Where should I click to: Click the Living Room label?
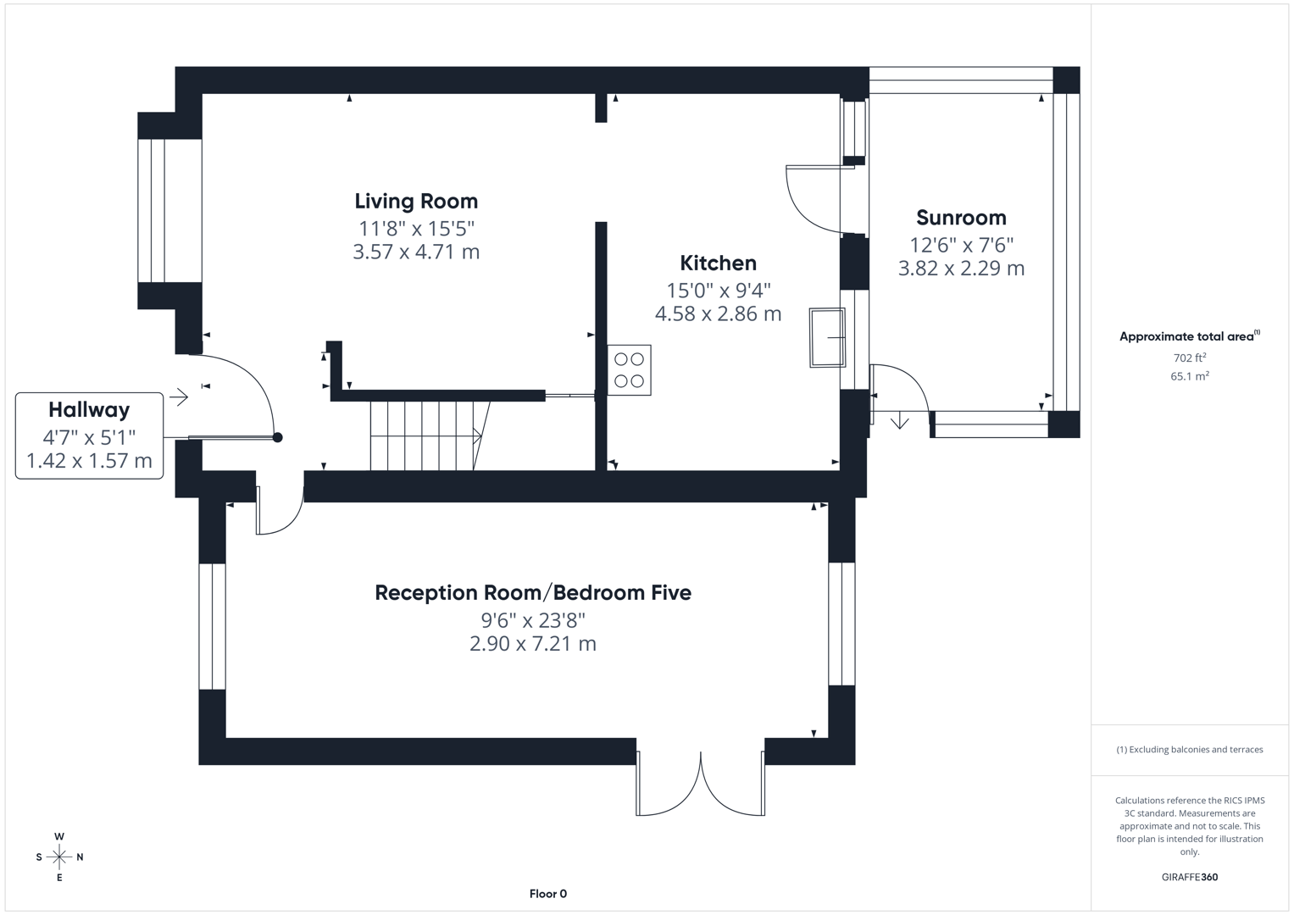click(416, 202)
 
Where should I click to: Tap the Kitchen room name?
click(718, 263)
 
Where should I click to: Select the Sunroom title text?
click(961, 218)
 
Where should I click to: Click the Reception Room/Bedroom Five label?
click(532, 593)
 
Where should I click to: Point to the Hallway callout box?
click(89, 435)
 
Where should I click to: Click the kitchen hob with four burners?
click(629, 370)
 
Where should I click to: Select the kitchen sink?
click(827, 337)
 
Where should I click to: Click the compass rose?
click(59, 857)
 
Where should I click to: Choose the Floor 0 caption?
click(547, 894)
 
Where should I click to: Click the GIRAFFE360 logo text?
click(1189, 877)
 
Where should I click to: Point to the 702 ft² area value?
click(1189, 358)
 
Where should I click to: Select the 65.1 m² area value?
click(1189, 376)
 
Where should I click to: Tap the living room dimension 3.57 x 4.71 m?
click(416, 252)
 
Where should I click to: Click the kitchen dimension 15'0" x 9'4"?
click(718, 291)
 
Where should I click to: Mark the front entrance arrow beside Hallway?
click(179, 396)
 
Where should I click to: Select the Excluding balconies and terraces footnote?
click(1189, 750)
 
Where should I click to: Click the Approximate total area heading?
click(1188, 336)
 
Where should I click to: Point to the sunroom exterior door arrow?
click(899, 420)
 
